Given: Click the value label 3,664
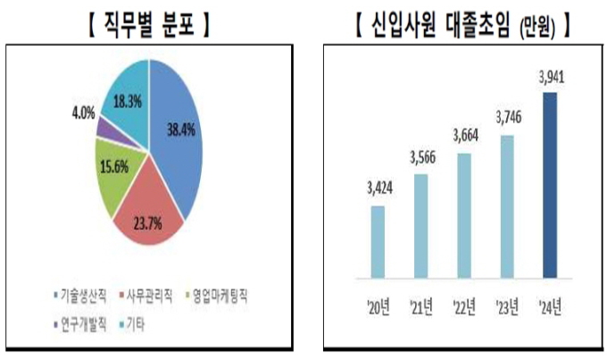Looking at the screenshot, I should tap(463, 141).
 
